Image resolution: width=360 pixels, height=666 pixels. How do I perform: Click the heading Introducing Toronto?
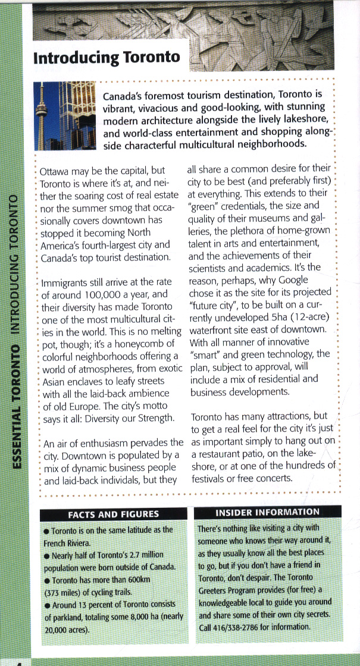click(x=107, y=58)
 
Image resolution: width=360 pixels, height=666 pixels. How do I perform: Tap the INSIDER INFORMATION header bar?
click(x=267, y=512)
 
